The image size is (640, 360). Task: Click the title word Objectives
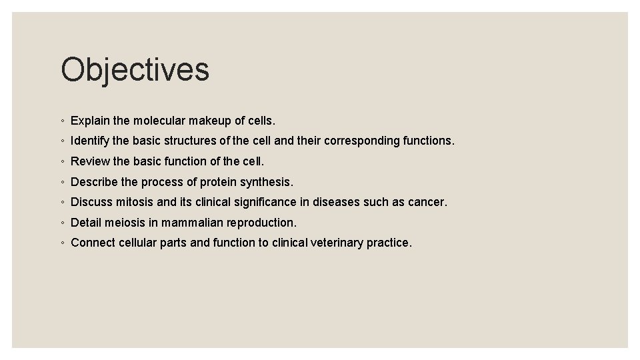pyautogui.click(x=135, y=70)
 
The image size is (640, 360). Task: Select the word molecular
pyautogui.click(x=159, y=121)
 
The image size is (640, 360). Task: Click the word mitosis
pyautogui.click(x=133, y=202)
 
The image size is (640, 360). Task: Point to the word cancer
pyautogui.click(x=428, y=202)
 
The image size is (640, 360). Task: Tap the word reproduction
pyautogui.click(x=261, y=223)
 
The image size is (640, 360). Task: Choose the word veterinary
pyautogui.click(x=337, y=243)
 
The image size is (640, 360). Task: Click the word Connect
pyautogui.click(x=93, y=243)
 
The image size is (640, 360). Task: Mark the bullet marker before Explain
pyautogui.click(x=61, y=121)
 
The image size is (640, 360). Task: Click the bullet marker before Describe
pyautogui.click(x=61, y=182)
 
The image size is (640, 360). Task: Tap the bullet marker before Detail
pyautogui.click(x=61, y=223)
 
